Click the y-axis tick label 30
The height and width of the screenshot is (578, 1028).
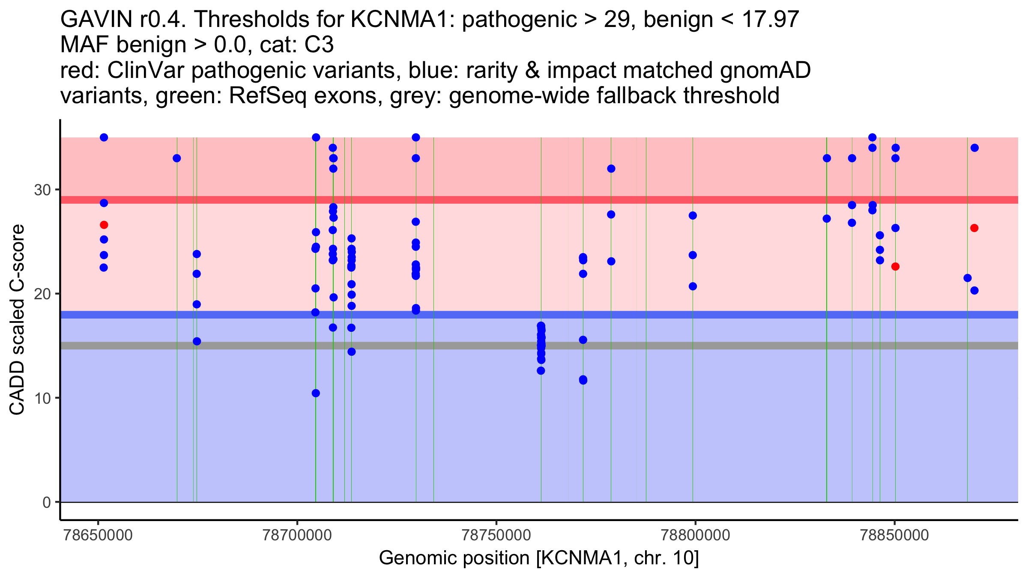coord(42,190)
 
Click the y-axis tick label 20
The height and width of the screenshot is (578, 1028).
coord(42,294)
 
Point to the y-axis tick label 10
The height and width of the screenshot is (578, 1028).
coord(42,398)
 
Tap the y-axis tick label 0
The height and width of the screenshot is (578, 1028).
coord(47,502)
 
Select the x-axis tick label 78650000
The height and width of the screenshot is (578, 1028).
coord(98,535)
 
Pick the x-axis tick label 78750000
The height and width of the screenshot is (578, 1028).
coord(496,535)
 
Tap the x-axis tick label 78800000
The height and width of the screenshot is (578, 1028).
coord(695,535)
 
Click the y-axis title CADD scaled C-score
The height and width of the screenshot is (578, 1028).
coord(17,320)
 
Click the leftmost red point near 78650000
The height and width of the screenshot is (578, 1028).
coord(104,225)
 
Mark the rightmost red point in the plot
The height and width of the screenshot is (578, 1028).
coord(974,228)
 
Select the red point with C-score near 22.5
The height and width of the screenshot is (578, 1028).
coord(895,267)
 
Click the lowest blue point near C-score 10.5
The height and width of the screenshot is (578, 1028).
coord(316,393)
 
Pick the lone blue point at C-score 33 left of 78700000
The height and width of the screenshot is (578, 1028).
coord(177,158)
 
